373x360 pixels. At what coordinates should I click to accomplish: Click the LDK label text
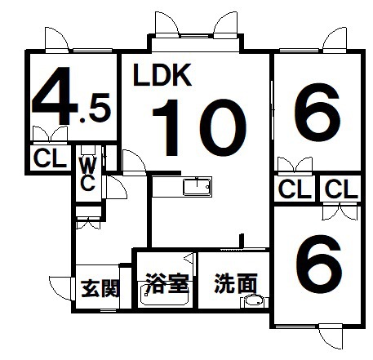click(162, 75)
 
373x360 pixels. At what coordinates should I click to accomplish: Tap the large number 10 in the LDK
click(199, 127)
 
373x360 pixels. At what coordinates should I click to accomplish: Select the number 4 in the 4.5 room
click(54, 96)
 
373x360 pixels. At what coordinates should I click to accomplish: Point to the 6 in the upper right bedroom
click(317, 113)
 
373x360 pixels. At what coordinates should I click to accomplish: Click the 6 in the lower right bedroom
click(319, 264)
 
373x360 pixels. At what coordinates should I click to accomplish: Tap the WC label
click(88, 174)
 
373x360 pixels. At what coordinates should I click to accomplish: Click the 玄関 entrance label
click(100, 289)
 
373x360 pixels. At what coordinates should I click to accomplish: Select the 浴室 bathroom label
click(167, 284)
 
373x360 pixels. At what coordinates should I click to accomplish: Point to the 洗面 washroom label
click(236, 283)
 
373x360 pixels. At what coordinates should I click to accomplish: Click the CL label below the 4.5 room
click(50, 158)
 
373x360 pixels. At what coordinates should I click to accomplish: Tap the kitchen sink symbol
click(198, 187)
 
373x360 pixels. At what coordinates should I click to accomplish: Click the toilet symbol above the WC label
click(88, 150)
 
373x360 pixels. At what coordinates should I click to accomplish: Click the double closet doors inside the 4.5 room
click(50, 135)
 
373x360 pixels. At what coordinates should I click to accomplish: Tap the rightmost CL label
click(341, 189)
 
